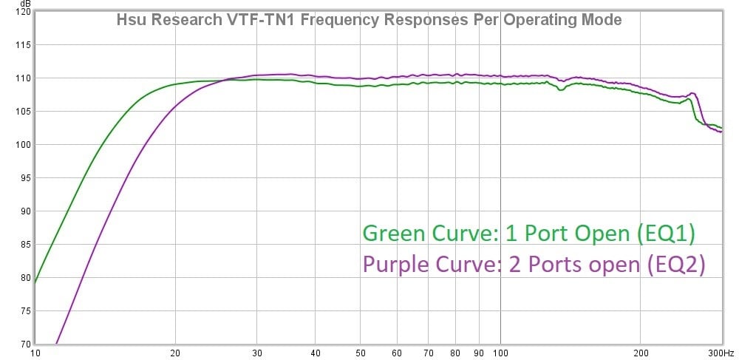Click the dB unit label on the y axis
pos(25,5)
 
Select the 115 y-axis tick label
pos(22,45)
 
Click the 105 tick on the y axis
pos(22,112)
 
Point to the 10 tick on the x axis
pos(35,353)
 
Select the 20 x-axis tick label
pos(176,353)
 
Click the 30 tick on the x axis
pos(257,353)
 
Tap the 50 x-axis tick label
pos(361,353)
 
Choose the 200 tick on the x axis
pos(640,353)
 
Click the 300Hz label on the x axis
pos(722,353)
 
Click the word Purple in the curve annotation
pos(393,264)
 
